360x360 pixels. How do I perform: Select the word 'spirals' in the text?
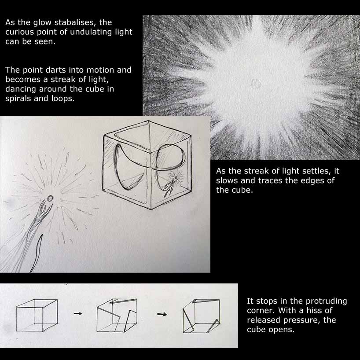(18, 99)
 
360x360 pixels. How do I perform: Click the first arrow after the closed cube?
(78, 313)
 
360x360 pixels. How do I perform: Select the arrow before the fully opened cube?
(162, 314)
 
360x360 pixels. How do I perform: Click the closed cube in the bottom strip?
(37, 315)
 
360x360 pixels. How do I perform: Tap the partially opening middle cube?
(117, 315)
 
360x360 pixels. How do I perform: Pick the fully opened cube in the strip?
(201, 316)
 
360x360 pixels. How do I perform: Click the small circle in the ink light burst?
(50, 198)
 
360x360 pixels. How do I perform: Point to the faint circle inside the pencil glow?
(256, 83)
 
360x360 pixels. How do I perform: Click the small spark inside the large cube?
(176, 177)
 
